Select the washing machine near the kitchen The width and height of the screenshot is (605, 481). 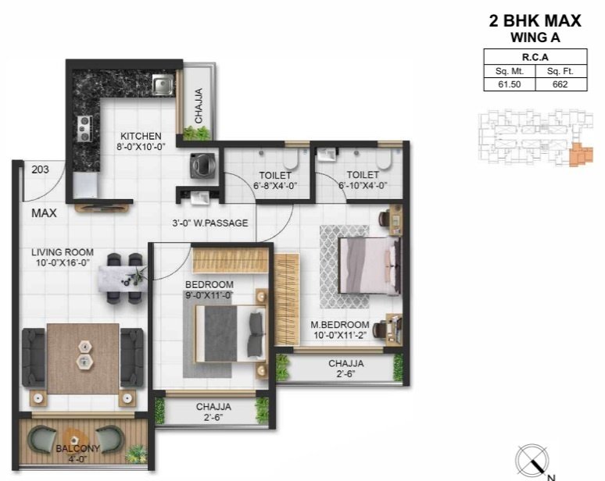[199, 166]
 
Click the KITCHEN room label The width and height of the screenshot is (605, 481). [141, 136]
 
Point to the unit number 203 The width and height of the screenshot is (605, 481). [41, 169]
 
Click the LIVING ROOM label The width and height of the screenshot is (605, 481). [63, 252]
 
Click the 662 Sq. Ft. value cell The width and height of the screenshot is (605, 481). [559, 85]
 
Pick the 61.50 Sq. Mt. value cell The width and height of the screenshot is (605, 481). [509, 85]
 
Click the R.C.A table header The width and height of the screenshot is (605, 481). [534, 57]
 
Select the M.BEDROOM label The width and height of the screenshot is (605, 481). [339, 324]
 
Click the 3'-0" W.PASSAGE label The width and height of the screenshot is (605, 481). [209, 223]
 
